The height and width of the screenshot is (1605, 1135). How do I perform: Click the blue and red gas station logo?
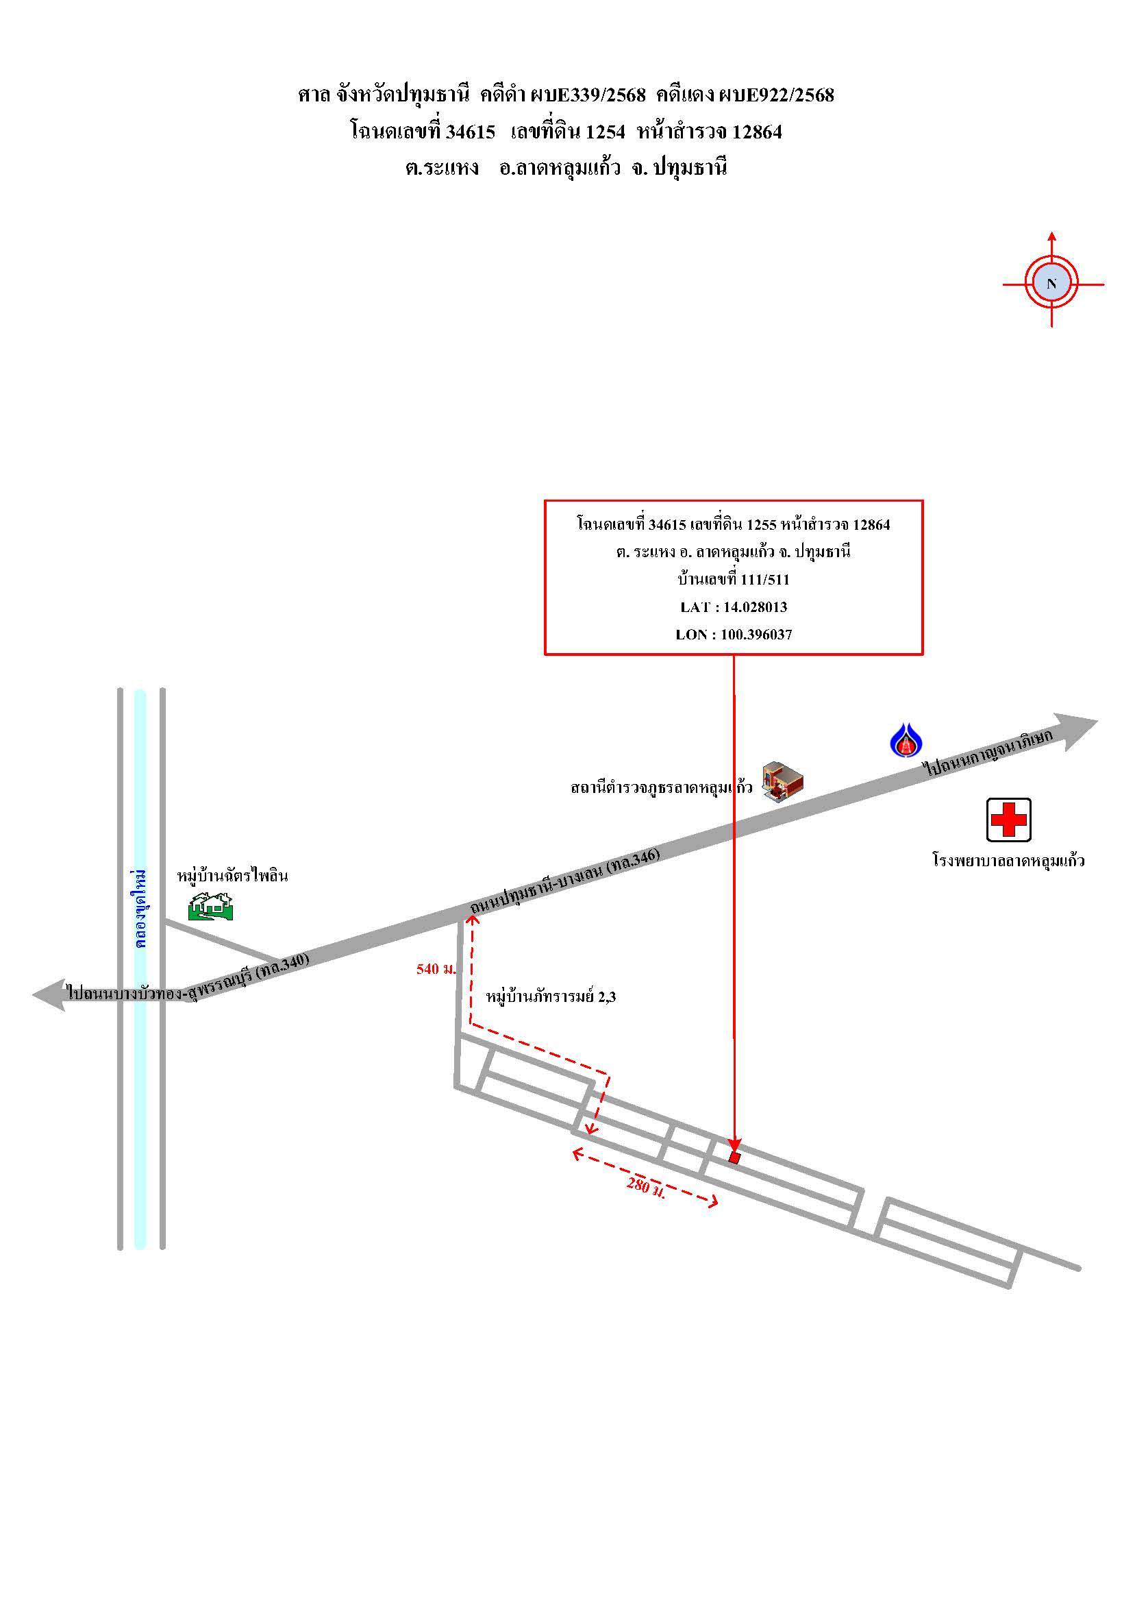pos(906,740)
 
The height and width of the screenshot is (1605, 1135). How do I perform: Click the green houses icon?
pos(210,906)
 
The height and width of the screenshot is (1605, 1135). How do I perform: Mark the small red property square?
pos(734,1157)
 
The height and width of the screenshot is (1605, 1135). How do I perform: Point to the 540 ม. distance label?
pos(436,969)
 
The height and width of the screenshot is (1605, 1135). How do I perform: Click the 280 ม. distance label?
pos(645,1187)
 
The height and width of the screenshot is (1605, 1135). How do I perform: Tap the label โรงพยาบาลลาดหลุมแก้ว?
pos(1008,861)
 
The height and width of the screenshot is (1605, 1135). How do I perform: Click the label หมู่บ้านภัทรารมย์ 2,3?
pos(551,997)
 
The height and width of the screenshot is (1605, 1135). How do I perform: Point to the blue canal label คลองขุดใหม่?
pos(141,909)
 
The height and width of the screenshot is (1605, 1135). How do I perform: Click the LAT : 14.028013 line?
pos(734,607)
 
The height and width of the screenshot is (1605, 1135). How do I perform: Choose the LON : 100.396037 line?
pos(734,635)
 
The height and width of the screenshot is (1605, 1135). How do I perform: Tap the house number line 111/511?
pos(734,579)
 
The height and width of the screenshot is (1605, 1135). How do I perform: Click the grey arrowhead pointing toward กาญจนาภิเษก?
pos(1075,731)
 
